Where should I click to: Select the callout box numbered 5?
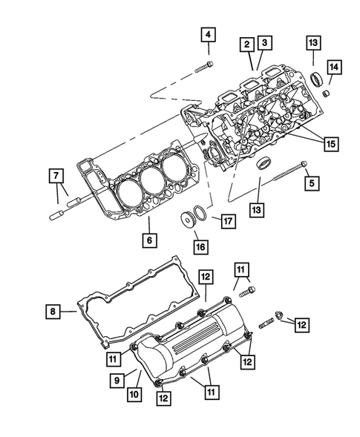(x=311, y=182)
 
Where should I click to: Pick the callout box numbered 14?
(x=334, y=68)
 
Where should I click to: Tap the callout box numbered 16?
(x=200, y=246)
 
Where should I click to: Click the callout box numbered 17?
(x=229, y=220)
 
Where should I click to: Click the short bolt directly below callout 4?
(x=205, y=67)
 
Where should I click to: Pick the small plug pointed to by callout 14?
(x=325, y=95)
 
